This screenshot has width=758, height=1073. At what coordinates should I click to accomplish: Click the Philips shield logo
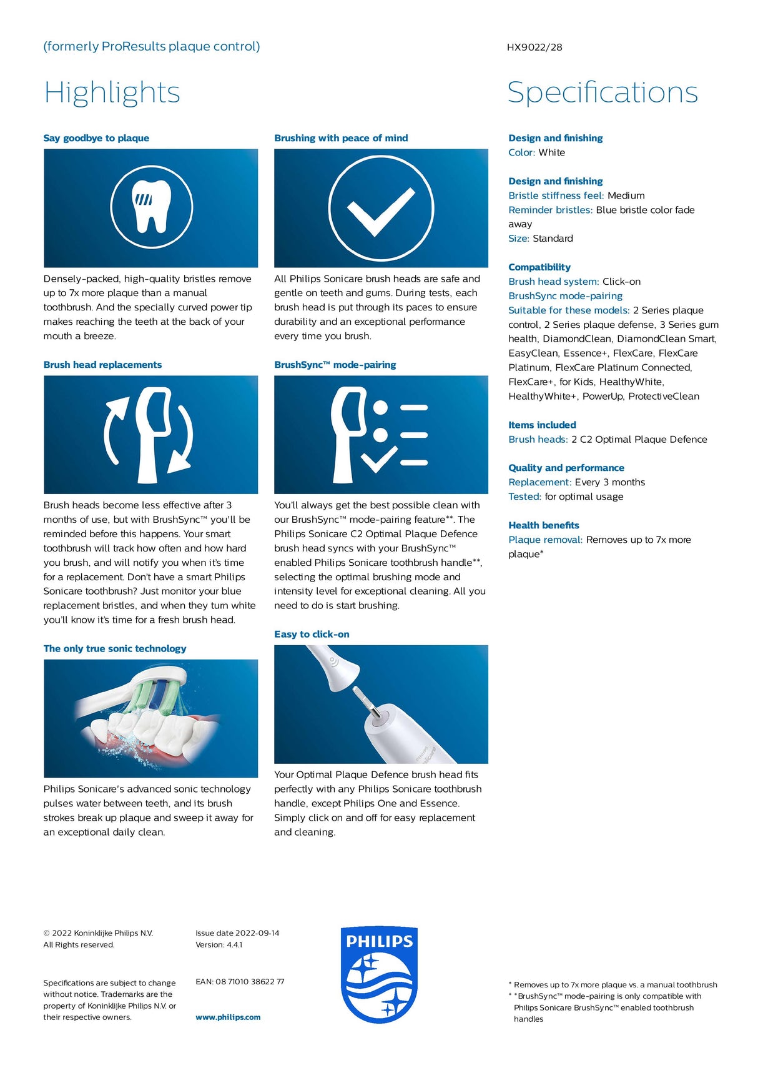[379, 974]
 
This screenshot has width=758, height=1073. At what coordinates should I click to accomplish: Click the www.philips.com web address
[228, 1017]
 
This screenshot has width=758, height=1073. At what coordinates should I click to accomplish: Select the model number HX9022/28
[534, 47]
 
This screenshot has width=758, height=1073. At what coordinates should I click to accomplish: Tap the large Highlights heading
[112, 92]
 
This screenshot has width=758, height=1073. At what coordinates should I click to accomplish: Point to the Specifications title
[602, 92]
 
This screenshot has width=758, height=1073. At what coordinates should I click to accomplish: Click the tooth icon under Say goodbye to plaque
[152, 207]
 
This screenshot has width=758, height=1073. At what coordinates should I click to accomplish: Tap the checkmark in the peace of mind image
[380, 209]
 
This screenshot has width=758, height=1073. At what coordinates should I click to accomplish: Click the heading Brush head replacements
[102, 365]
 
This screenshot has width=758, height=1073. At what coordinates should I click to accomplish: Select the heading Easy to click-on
[312, 634]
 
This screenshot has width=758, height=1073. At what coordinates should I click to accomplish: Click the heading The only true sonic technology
[115, 648]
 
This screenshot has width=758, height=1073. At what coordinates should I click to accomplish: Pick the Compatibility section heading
[539, 267]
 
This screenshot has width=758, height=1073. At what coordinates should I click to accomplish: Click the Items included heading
[542, 425]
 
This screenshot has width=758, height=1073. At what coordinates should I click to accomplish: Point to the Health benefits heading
[543, 525]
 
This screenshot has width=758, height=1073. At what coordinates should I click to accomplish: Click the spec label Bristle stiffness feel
[556, 195]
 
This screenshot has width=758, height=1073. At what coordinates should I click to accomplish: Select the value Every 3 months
[609, 482]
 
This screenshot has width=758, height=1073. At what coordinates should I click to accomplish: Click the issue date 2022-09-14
[257, 932]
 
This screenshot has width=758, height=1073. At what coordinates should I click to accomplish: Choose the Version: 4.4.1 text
[219, 944]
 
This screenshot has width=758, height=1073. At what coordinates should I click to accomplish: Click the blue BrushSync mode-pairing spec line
[565, 295]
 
